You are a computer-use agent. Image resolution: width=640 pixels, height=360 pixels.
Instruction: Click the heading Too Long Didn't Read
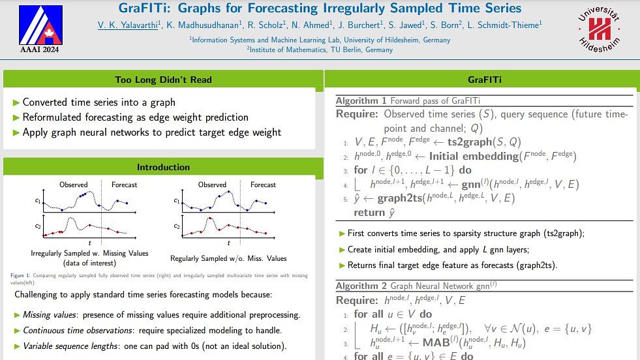(x=163, y=80)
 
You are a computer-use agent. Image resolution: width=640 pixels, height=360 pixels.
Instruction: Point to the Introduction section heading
(x=163, y=167)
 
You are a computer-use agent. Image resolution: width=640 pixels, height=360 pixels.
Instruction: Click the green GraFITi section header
(x=484, y=80)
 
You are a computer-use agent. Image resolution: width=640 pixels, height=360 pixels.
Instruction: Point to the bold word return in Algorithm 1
(x=371, y=212)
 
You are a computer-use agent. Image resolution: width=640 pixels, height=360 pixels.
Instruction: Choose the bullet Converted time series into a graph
(x=99, y=102)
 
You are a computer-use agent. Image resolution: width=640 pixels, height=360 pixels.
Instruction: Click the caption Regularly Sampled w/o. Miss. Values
(x=228, y=258)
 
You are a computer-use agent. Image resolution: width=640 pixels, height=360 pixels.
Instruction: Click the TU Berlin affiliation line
(x=320, y=50)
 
